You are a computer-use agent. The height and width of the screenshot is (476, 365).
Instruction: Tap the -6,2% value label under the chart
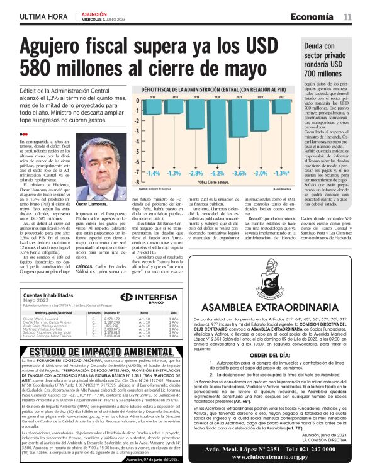[x=218, y=172]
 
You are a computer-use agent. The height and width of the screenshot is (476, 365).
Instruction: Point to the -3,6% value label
[x=239, y=172]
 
